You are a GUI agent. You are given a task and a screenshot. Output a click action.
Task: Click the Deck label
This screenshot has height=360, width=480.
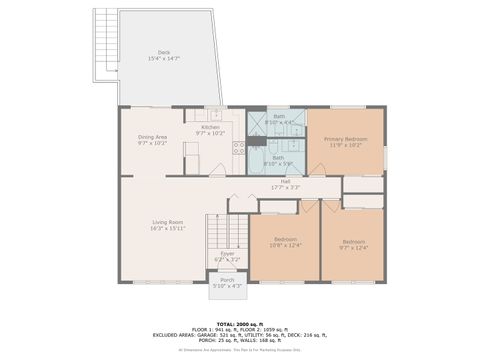pos(164,52)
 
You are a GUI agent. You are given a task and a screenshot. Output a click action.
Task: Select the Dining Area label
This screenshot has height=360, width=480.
pos(152,137)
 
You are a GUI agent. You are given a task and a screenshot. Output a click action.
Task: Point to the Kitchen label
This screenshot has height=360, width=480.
pos(210,127)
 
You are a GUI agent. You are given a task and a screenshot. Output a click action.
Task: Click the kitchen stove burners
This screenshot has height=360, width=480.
pos(238,147)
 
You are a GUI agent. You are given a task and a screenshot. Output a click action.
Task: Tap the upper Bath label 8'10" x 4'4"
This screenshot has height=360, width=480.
pos(279,117)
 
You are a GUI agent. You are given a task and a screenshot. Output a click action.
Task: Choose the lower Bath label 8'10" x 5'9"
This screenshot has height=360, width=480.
pos(279,157)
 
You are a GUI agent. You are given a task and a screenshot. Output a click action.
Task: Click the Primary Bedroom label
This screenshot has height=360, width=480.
pos(345,137)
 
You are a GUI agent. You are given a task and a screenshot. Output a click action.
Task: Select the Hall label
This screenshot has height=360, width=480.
pos(285,181)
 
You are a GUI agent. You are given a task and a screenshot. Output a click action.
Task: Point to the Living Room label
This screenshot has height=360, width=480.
pos(167,222)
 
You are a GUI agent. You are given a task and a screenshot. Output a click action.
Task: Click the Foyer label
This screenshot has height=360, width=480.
pos(228,253)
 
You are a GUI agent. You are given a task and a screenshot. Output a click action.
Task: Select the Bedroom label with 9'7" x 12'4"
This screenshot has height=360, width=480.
pos(353,241)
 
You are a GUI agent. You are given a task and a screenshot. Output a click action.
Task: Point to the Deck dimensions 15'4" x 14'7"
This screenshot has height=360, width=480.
pos(164,59)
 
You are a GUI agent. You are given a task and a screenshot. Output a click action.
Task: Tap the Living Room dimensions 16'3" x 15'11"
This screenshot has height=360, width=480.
pos(167,229)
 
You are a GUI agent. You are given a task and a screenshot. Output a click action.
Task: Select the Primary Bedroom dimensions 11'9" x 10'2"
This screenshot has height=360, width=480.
pos(345,144)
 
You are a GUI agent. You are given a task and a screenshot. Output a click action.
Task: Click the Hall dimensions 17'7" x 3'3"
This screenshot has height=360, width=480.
pos(285,188)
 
